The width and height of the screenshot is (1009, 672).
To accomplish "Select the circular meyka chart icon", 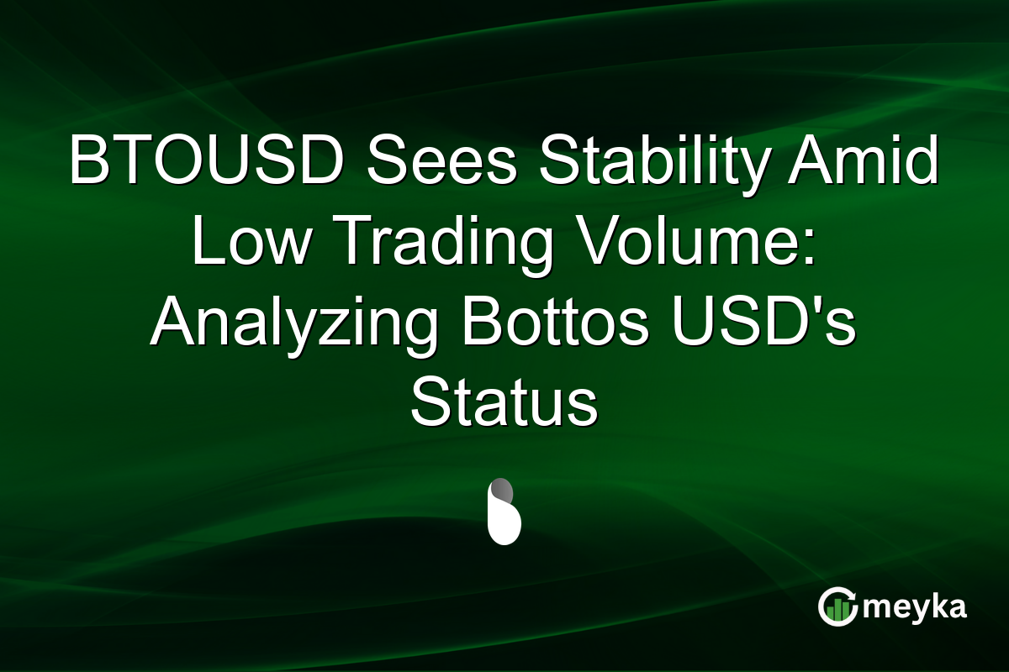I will pyautogui.click(x=837, y=606).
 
